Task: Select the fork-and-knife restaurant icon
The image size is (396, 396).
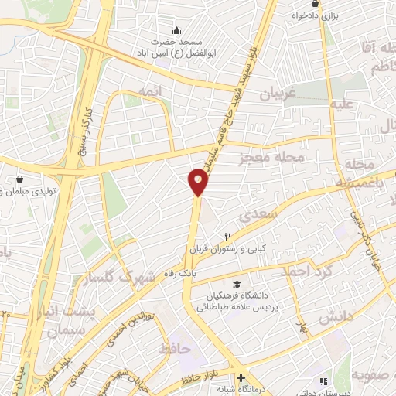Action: tap(227, 237)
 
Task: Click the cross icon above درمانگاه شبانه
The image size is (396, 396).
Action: tap(241, 377)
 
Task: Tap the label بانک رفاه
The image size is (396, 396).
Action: tap(179, 272)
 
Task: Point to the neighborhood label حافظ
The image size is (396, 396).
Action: tap(174, 350)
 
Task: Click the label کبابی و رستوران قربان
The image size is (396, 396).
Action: tap(226, 250)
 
